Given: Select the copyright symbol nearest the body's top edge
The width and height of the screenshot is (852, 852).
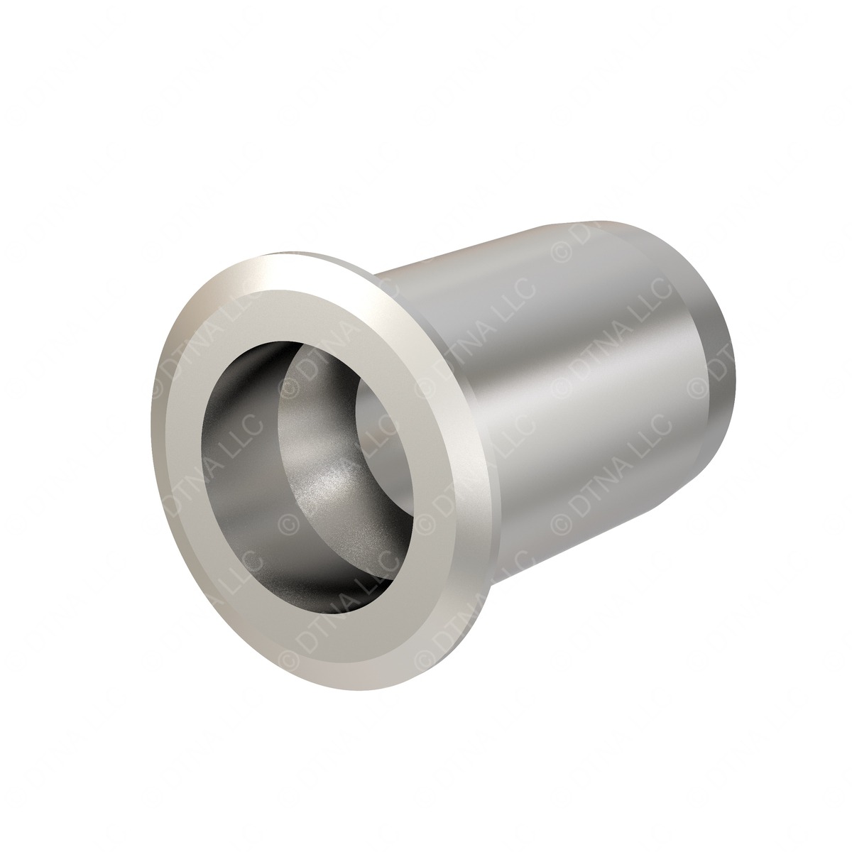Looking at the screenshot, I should [x=561, y=253].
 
